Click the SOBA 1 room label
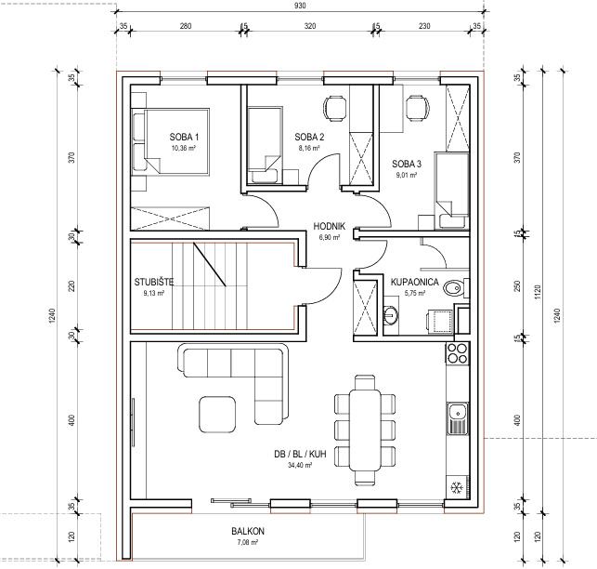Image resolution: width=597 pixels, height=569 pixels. coord(184,137)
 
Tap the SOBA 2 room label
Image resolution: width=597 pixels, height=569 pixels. coord(309,137)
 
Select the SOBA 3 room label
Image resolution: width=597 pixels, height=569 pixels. coord(407,164)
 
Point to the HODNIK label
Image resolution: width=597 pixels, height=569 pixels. coord(330,226)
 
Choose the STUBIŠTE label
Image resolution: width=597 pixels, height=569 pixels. coord(154,283)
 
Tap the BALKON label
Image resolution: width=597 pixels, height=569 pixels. coord(248,531)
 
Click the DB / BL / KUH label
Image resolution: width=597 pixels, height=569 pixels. coord(300,455)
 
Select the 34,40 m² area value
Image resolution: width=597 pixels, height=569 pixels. coord(300,465)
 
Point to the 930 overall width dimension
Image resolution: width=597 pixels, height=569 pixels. coord(300,6)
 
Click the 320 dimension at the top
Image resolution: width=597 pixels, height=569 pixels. coord(310,26)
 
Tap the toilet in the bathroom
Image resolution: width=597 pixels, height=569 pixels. coord(456,288)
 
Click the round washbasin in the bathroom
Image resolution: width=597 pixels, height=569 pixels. coord(390,315)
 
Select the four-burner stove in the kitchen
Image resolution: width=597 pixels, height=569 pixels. coord(457,353)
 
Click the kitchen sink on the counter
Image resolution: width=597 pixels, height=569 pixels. coord(458,418)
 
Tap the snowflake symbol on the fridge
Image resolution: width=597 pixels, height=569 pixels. coord(456,487)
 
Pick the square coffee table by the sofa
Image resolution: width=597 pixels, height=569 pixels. coord(217,414)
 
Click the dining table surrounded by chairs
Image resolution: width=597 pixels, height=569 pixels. coord(365,430)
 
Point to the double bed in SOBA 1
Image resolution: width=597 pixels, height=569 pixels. coord(171,141)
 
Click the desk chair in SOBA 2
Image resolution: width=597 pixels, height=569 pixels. coord(335,108)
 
